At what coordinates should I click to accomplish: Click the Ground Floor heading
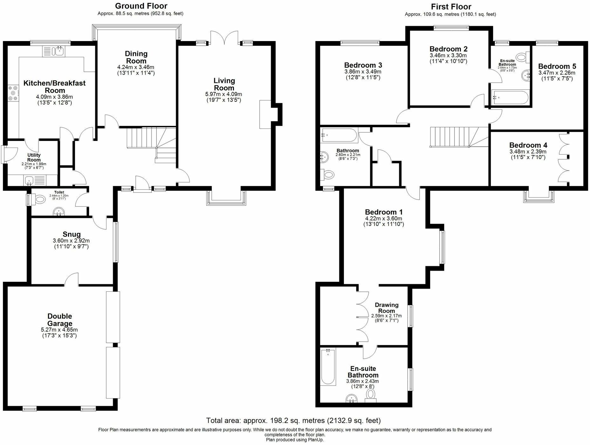click(x=141, y=6)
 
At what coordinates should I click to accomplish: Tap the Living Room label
click(x=224, y=84)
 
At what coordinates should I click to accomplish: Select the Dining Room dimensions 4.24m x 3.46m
click(x=136, y=67)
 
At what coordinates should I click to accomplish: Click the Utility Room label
click(x=34, y=157)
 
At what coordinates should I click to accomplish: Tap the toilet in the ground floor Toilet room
click(x=39, y=200)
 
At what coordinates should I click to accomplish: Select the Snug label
click(x=72, y=234)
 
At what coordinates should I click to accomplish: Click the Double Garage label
click(x=60, y=320)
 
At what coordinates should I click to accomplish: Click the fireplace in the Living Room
click(x=265, y=115)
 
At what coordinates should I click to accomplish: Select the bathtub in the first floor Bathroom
click(x=339, y=135)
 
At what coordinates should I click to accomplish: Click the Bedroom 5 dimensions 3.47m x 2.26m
click(x=557, y=73)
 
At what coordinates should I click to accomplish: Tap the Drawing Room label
click(x=387, y=308)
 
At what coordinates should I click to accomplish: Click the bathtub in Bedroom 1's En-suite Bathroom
click(x=328, y=366)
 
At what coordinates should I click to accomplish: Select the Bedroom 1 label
click(x=384, y=212)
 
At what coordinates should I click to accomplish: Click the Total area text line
click(x=293, y=421)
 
